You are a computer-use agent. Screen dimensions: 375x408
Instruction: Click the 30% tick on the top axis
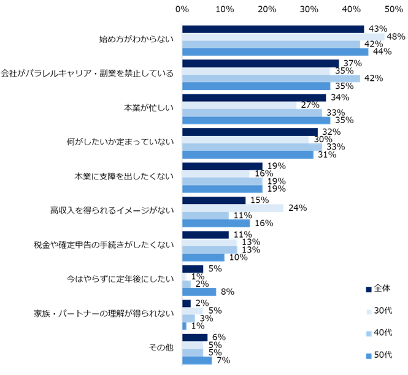(309, 10)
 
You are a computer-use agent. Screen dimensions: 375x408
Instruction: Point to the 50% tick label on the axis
(394, 10)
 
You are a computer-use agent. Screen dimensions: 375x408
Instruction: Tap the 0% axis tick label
(182, 10)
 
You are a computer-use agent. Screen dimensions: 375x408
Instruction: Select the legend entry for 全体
(377, 289)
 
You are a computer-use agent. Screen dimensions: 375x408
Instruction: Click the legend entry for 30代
(377, 311)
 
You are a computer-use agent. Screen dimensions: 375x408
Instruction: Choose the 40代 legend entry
(377, 333)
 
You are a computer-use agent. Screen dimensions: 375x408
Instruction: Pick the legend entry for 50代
(377, 355)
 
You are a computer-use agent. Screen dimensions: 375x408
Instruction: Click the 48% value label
(396, 37)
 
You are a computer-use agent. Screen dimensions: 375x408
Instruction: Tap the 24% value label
(298, 208)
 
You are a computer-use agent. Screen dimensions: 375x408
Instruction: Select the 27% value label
(310, 105)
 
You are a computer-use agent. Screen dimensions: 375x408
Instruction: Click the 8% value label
(227, 292)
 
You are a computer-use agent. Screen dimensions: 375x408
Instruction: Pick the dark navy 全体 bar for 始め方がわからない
(273, 29)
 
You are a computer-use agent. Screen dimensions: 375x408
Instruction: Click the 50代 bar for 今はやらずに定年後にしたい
(199, 292)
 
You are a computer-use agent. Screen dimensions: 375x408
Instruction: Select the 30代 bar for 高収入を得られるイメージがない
(233, 208)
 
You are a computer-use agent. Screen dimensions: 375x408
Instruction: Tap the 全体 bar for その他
(195, 337)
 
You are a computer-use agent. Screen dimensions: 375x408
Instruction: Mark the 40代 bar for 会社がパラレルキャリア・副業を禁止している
(271, 78)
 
